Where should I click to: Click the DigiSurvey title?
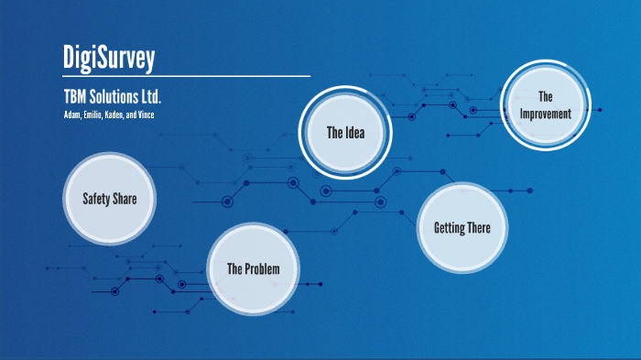109,57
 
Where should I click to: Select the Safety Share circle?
109,199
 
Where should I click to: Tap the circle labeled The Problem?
253,268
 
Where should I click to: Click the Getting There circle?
462,228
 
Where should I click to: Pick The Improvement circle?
546,105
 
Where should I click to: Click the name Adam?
72,114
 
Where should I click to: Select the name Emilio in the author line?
95,114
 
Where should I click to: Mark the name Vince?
157,114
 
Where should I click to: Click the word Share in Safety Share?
124,199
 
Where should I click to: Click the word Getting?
448,228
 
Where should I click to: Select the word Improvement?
546,115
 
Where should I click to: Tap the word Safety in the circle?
96,199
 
